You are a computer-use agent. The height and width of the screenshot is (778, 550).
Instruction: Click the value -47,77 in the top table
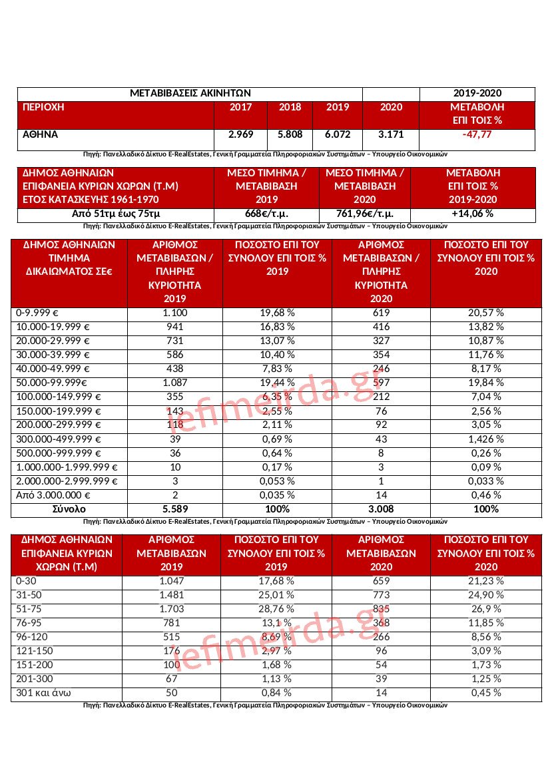(477, 134)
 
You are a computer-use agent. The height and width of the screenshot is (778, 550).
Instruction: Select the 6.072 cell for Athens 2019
(337, 134)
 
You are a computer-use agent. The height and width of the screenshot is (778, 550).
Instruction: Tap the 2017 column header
(240, 107)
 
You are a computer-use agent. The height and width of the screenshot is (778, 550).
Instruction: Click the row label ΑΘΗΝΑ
(41, 134)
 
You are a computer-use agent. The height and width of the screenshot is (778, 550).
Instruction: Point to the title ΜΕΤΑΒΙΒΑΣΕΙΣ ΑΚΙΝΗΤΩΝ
(190, 94)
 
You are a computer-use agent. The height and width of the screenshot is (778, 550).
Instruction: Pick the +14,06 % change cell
(472, 214)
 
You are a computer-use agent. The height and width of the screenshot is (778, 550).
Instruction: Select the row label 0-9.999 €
(42, 313)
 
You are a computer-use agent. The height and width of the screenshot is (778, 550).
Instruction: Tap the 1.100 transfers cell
(174, 313)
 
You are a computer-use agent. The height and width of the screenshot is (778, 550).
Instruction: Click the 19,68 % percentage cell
(276, 313)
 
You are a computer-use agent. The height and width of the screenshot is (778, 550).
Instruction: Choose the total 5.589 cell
(174, 509)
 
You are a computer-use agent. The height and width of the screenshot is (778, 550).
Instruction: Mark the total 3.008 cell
(382, 509)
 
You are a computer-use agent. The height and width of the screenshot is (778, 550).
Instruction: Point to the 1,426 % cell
(485, 439)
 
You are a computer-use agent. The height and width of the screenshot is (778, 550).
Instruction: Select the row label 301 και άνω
(42, 693)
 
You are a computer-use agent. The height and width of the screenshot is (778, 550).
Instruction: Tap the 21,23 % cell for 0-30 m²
(485, 581)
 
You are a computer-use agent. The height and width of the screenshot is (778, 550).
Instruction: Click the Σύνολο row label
(69, 509)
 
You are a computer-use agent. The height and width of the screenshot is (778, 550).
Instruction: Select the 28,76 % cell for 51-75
(276, 609)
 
